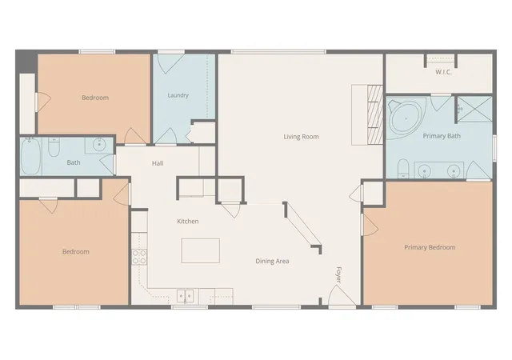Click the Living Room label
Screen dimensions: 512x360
(x=301, y=137)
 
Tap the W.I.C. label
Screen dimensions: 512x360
(x=443, y=72)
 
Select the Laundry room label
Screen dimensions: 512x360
(x=178, y=95)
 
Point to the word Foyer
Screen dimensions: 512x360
(x=338, y=275)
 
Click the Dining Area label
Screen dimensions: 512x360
(x=272, y=261)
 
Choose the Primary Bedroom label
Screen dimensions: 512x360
(x=430, y=247)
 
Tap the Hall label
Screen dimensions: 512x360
(x=158, y=163)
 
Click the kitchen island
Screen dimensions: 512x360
(x=201, y=250)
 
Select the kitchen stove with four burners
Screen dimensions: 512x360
(x=139, y=257)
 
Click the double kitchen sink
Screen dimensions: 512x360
(x=185, y=296)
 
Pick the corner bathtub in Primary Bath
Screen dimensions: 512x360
(x=406, y=118)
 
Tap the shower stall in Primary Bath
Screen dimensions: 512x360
(x=474, y=109)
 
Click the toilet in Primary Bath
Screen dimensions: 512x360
(x=403, y=169)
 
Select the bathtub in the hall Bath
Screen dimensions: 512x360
(x=30, y=156)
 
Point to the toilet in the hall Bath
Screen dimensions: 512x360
(x=54, y=147)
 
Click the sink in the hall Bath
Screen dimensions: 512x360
(x=98, y=144)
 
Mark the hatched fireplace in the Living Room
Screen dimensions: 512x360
(x=375, y=114)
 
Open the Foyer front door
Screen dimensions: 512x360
(x=342, y=296)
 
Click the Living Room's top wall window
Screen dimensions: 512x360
(x=278, y=52)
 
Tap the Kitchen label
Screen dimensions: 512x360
(x=188, y=221)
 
